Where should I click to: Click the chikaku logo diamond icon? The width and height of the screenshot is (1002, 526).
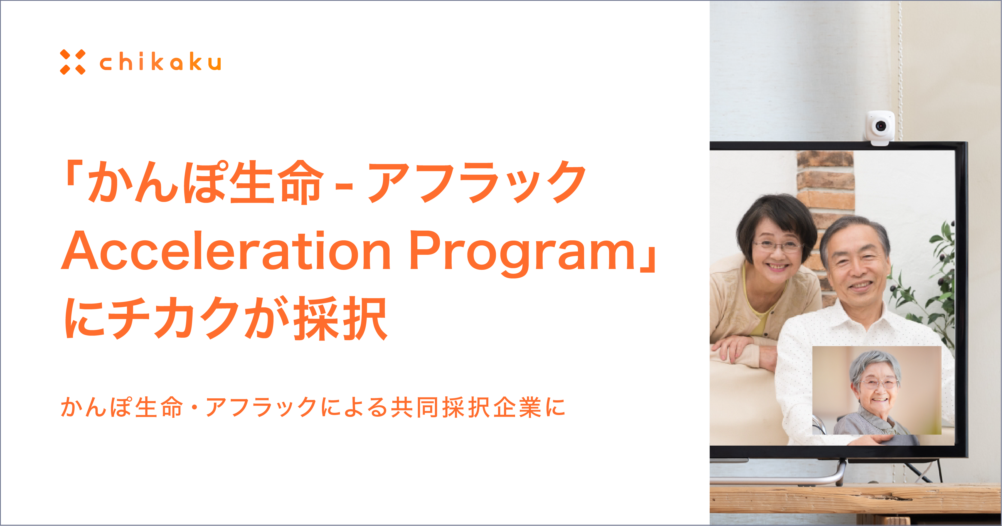[x=73, y=62]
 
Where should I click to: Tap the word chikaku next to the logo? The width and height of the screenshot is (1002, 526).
[x=160, y=62]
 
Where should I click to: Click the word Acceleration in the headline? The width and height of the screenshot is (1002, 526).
[x=226, y=250]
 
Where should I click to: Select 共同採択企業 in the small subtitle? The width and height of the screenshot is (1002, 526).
[x=466, y=408]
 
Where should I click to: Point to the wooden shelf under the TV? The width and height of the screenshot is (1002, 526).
[x=856, y=499]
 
